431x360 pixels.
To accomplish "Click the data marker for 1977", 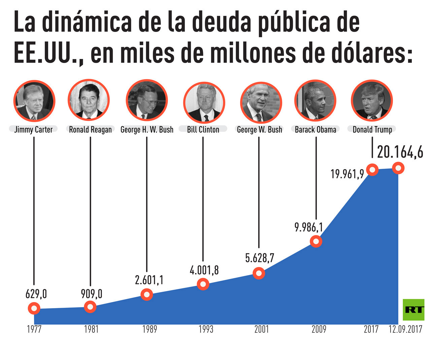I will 34,308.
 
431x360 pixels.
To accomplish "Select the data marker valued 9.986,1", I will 316,241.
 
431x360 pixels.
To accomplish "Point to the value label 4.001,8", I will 204,270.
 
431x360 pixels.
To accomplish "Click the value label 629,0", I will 36,294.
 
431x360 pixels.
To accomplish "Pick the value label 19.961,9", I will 347,174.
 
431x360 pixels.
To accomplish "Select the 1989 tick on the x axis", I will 150,329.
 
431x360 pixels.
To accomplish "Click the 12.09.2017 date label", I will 405,329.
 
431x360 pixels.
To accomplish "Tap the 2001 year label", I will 262,329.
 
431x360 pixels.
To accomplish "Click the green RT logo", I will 413,309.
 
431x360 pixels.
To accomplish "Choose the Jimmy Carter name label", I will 33,130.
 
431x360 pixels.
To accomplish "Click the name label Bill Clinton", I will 203,130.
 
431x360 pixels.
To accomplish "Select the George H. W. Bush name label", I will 147,130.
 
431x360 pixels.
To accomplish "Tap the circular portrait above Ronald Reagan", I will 89,100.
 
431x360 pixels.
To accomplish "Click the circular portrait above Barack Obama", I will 316,100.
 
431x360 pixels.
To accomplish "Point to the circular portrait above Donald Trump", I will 372,100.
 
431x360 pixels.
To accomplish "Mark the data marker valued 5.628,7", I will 259,273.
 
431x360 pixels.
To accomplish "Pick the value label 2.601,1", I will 149,280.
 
